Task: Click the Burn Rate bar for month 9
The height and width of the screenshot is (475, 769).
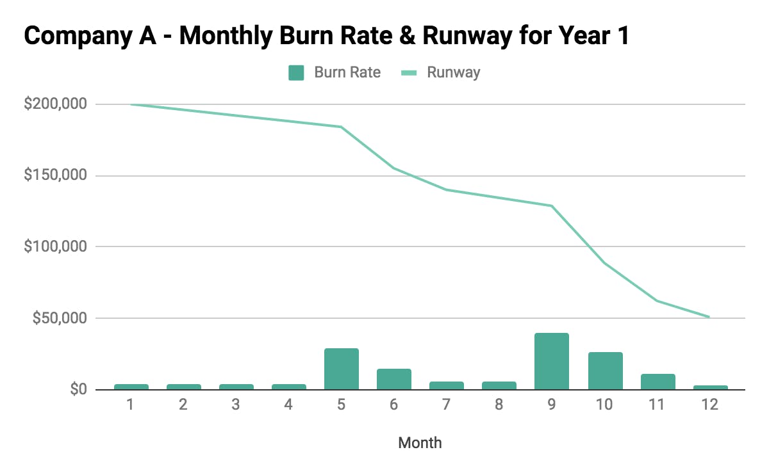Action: (x=551, y=361)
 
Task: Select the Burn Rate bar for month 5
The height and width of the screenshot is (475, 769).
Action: (x=341, y=369)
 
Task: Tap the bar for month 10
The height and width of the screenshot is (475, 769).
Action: (x=605, y=371)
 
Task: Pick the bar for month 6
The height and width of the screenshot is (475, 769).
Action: (x=393, y=379)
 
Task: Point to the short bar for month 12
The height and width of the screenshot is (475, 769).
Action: (x=710, y=387)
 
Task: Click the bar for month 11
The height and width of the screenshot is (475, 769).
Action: (x=657, y=382)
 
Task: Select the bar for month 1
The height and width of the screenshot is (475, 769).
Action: (x=131, y=387)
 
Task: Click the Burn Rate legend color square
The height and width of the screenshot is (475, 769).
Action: (x=295, y=72)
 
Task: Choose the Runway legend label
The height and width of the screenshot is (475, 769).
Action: (x=454, y=72)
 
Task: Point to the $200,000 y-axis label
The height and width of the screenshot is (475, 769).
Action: (x=54, y=104)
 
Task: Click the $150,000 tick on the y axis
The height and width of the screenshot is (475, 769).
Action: (x=54, y=175)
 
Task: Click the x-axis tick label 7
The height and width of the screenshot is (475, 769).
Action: (x=446, y=405)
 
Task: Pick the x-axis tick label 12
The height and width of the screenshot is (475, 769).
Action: (x=710, y=405)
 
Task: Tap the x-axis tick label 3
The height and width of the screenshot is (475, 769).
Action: (x=236, y=405)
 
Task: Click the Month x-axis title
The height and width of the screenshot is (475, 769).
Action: (x=420, y=442)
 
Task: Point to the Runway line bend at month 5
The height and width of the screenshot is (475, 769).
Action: (x=341, y=127)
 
